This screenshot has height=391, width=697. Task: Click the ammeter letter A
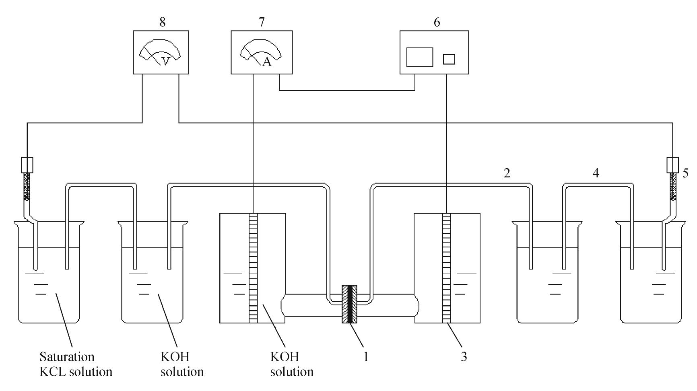(x=266, y=62)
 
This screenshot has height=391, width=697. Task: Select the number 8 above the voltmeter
(x=162, y=22)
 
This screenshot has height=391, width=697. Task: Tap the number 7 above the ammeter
(x=262, y=22)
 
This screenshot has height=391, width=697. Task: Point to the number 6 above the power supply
(x=437, y=22)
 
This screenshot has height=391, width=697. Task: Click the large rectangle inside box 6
(x=419, y=57)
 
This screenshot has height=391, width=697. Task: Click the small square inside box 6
(x=449, y=59)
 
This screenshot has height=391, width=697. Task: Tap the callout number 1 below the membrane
(x=366, y=356)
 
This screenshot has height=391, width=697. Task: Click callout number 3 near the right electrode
(x=464, y=356)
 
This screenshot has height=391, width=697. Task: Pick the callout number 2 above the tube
(x=507, y=173)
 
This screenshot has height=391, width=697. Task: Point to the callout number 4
(x=596, y=173)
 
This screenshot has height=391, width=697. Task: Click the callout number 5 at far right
(x=685, y=173)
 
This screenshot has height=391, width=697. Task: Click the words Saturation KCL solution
(x=76, y=364)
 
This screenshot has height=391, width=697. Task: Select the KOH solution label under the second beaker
(x=182, y=364)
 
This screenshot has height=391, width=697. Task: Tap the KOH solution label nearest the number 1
(x=292, y=364)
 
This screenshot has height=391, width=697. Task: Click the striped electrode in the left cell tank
(x=253, y=268)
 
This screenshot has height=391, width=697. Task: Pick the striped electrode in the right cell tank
(x=447, y=268)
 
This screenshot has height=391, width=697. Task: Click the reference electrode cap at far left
(x=27, y=165)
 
